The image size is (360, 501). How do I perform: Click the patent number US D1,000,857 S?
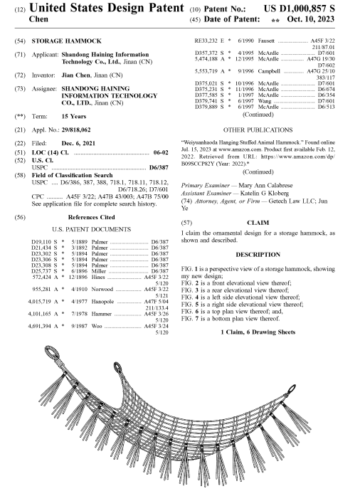(x=300, y=9)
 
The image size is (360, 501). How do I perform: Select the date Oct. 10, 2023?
(x=310, y=19)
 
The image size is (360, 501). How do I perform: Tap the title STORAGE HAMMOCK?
(x=66, y=41)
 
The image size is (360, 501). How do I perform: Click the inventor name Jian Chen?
(x=76, y=75)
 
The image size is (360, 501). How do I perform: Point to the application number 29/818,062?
(x=76, y=130)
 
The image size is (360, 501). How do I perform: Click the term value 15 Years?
(x=74, y=116)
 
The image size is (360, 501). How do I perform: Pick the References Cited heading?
(x=91, y=217)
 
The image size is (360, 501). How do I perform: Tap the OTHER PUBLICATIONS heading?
(x=258, y=130)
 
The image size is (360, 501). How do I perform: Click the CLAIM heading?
(x=258, y=223)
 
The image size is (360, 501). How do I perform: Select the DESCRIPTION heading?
(x=258, y=255)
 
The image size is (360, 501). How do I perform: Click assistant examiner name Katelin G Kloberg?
(x=265, y=193)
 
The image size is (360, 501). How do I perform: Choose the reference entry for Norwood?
(x=100, y=292)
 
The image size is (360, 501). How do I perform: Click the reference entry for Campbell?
(x=265, y=74)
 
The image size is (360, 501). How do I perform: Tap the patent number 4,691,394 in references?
(x=39, y=326)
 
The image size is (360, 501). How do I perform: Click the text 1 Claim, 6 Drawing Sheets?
(x=258, y=332)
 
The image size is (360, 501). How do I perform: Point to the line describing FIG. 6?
(x=232, y=312)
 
